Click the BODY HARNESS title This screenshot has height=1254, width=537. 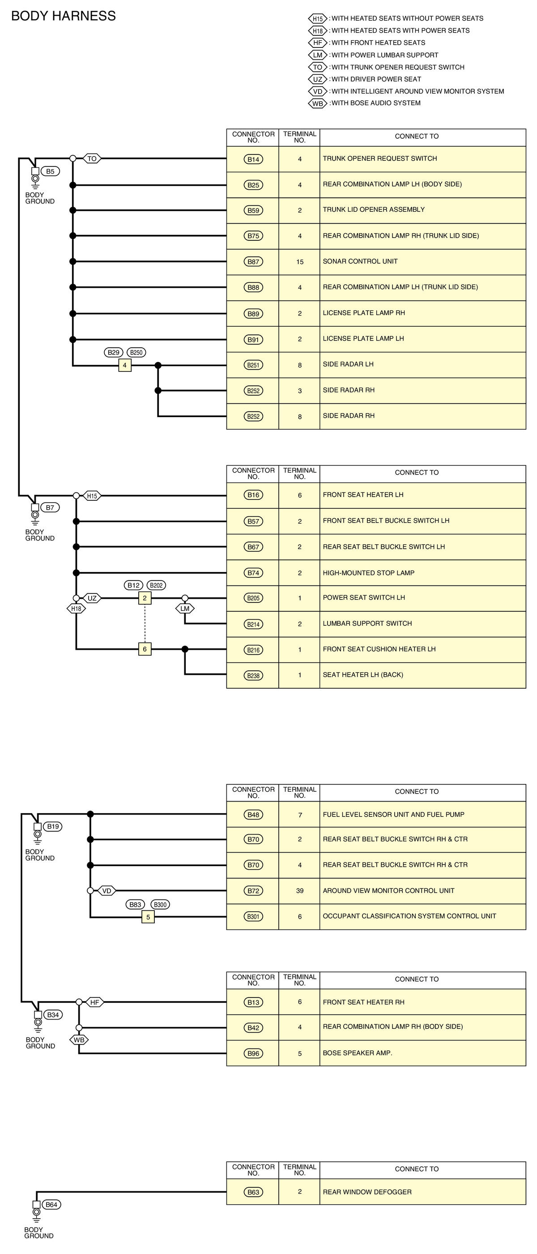tap(63, 16)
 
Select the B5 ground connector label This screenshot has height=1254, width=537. tap(50, 171)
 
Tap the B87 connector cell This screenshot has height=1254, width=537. tap(253, 262)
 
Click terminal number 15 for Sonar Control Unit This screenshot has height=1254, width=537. tap(299, 262)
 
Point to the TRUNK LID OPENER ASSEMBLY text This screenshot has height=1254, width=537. tap(373, 210)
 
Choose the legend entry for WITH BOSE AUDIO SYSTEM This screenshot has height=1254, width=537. tap(375, 103)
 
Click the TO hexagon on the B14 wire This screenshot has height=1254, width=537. tap(92, 159)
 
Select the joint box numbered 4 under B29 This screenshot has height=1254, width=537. tap(125, 365)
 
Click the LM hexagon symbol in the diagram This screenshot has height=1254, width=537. tap(184, 609)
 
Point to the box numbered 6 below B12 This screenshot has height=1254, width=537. tap(145, 649)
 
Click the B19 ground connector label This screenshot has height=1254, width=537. tap(52, 826)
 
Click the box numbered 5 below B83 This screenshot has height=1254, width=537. tap(148, 917)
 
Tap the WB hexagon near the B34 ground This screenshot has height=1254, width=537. tap(79, 1040)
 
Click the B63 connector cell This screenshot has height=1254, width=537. tap(253, 1192)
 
